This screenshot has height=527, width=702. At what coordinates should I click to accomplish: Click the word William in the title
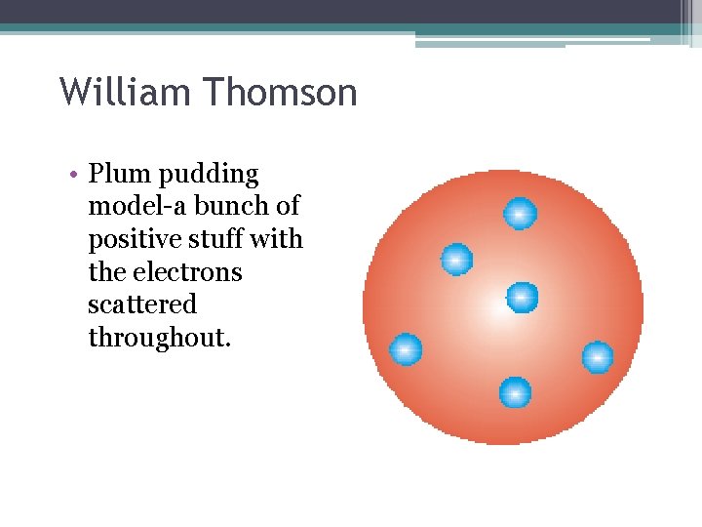point(126,94)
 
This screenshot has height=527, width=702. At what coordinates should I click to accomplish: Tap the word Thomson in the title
point(281,94)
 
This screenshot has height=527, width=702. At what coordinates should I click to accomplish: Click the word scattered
point(142,304)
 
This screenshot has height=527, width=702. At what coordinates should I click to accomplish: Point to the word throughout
point(159,338)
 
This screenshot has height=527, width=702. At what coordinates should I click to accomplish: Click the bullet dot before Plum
point(74,176)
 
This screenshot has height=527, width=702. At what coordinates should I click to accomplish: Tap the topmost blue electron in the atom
point(520,213)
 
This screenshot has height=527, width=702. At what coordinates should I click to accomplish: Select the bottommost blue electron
point(515,393)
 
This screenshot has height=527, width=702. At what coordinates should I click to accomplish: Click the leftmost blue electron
point(406,349)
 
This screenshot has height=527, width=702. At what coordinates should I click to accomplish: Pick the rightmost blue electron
point(598,357)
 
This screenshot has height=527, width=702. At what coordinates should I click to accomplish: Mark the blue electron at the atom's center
point(522,296)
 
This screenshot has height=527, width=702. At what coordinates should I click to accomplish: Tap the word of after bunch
point(288,207)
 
